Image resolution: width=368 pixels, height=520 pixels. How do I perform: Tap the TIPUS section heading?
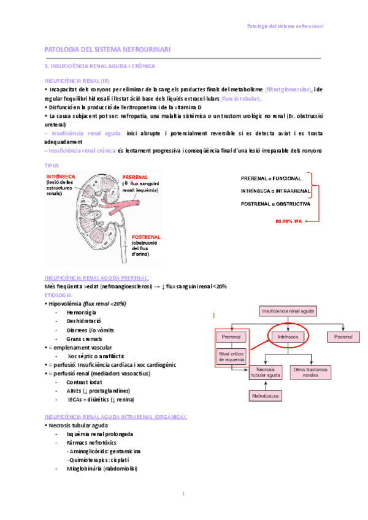[53, 166]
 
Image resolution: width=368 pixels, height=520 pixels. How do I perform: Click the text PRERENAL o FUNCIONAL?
[271, 178]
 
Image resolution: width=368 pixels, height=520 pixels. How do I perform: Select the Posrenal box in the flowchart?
[339, 337]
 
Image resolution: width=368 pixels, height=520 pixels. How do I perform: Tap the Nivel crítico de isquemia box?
[229, 357]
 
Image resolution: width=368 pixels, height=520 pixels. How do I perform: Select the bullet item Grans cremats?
[84, 338]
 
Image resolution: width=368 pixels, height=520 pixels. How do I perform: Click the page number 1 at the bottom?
[183, 494]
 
